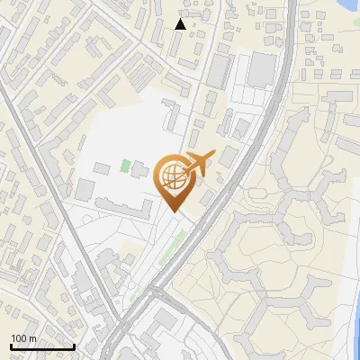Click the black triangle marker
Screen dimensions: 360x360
coord(181,24)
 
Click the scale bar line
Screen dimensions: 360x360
coord(42,346)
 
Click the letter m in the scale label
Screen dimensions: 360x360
coord(33,338)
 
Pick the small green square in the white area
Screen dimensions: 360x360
coord(125,166)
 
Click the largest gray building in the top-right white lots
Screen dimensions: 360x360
coord(262,68)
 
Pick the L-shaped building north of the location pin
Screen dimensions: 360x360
coord(171,117)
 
